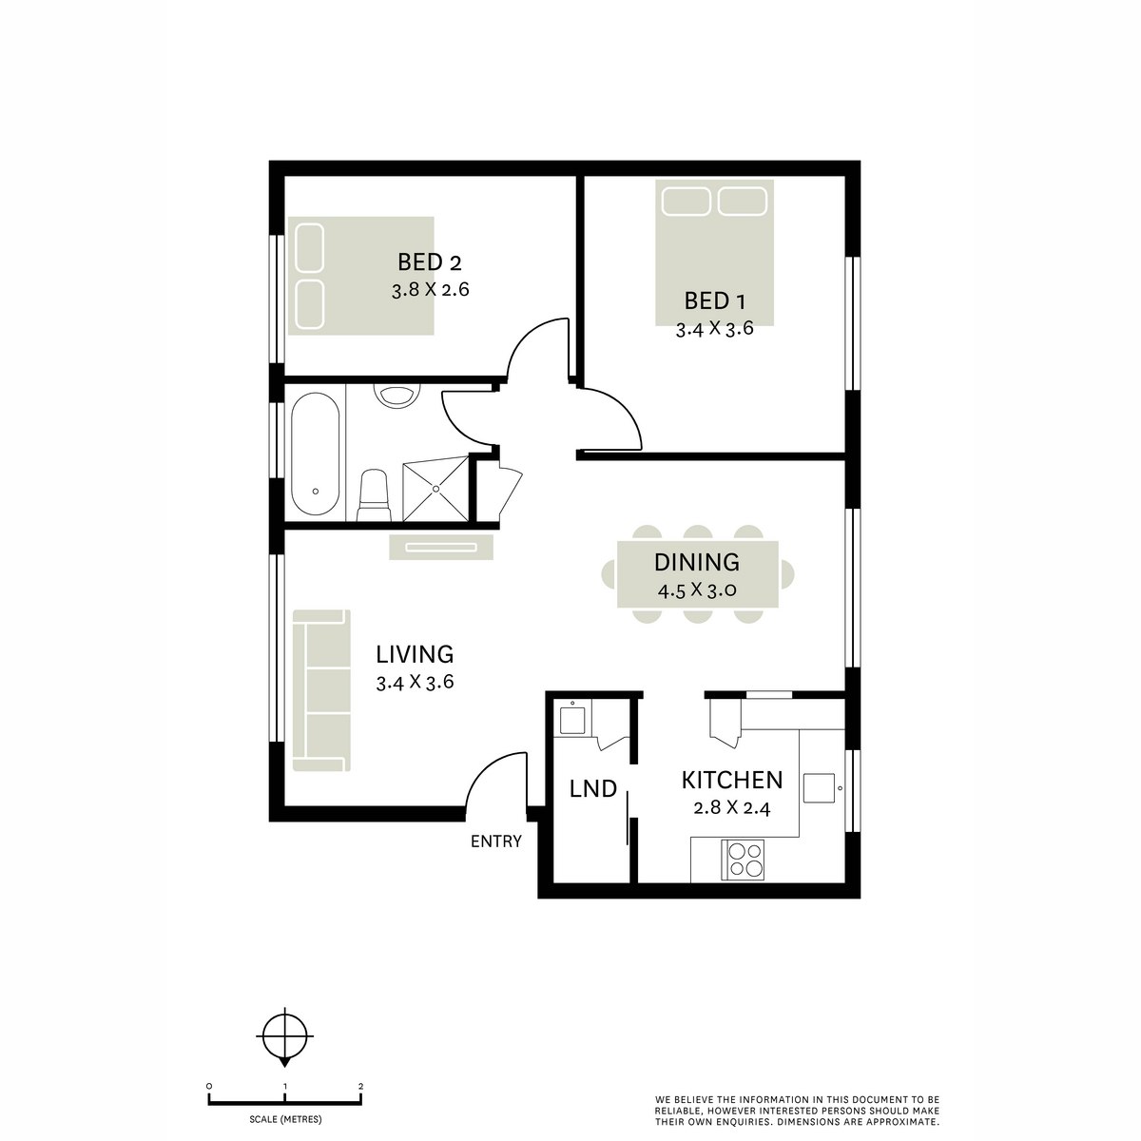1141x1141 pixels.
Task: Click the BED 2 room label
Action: coord(429,261)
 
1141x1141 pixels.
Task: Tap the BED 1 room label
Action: coord(714,301)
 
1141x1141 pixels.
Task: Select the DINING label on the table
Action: coord(697,562)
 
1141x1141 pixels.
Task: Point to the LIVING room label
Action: coord(416,654)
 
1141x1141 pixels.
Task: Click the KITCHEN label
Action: coord(732,781)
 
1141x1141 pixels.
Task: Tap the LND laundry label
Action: coord(593,788)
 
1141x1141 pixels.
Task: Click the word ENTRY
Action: coord(496,841)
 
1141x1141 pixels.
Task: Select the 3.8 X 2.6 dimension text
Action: coord(431,290)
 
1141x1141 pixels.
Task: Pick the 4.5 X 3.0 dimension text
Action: coord(698,590)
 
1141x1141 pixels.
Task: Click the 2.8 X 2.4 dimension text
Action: coord(732,807)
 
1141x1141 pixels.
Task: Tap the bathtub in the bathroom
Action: coord(316,454)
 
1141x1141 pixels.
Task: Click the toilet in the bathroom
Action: coord(374,495)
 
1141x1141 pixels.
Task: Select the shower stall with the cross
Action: coord(435,489)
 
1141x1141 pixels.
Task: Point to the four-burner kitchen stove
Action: coord(743,860)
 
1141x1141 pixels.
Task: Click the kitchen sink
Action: coord(819,788)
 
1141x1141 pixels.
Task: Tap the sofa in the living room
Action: coord(321,690)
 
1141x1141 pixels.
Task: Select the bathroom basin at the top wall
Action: coord(397,395)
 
